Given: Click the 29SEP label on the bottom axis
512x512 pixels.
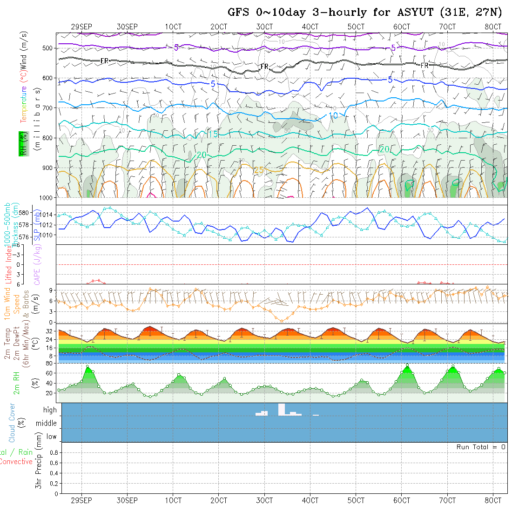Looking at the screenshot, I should (81, 500).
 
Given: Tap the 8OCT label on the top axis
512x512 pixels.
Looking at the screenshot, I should (492, 27).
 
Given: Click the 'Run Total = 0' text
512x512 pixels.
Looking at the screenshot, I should (481, 447).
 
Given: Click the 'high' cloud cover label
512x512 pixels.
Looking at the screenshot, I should (50, 410).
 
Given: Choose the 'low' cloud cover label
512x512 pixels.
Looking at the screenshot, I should (51, 437).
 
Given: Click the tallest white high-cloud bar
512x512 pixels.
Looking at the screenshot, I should (281, 410).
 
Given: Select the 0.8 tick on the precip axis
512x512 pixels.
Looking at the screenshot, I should (53, 452).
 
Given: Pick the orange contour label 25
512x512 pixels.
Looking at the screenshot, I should (259, 170).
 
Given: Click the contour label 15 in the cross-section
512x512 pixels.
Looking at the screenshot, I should (212, 135).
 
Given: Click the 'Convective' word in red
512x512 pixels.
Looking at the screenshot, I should (16, 462).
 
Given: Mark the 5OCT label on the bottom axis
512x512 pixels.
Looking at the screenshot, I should (356, 500).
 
